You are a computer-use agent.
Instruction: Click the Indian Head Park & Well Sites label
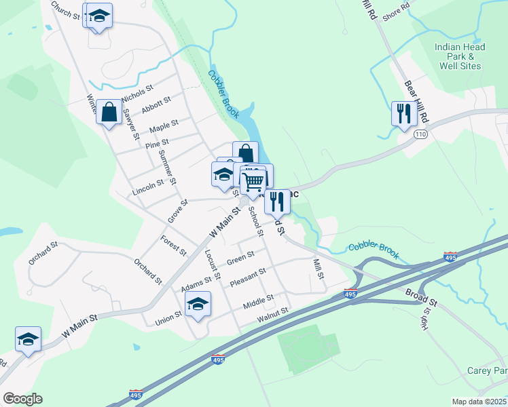460,56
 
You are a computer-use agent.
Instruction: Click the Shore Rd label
396,12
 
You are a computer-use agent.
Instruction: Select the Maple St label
164,126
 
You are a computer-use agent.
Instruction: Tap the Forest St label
173,245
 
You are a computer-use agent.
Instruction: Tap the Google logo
22,399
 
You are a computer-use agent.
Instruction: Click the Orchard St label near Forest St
147,270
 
